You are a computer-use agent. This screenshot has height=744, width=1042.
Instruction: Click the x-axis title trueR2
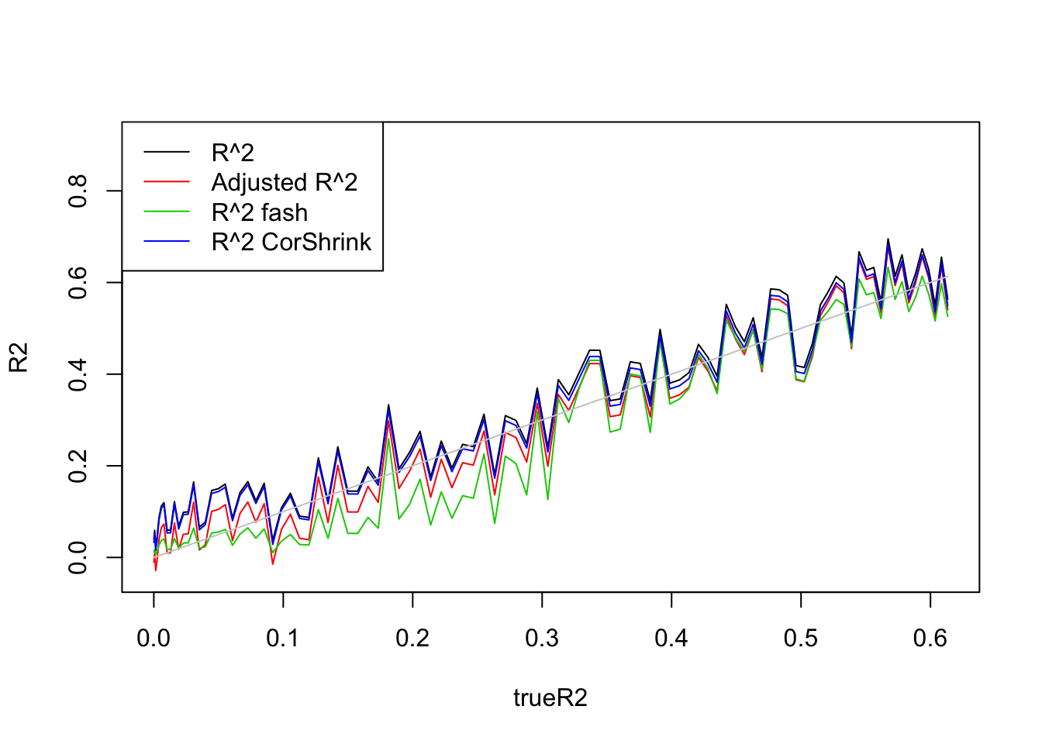point(550,698)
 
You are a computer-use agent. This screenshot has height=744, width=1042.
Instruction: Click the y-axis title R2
point(19,357)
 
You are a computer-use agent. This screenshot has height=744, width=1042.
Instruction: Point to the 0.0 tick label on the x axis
point(154,638)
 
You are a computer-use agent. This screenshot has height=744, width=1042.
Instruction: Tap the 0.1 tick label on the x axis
point(283,638)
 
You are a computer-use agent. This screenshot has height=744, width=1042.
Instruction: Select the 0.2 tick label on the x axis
point(412,638)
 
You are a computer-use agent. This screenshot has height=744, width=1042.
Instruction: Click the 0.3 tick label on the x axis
point(542,638)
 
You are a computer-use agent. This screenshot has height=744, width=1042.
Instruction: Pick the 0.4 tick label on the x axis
point(671,638)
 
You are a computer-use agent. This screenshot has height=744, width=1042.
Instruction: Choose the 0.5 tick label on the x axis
point(801,638)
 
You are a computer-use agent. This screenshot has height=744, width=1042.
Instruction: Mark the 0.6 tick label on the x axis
point(930,638)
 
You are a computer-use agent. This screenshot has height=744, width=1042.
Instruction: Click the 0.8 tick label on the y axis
point(78,191)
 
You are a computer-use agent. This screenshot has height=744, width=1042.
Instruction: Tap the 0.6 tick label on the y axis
point(78,282)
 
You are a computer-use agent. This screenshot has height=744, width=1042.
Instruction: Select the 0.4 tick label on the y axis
point(78,374)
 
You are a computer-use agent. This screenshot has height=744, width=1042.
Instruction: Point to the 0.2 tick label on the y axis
point(78,466)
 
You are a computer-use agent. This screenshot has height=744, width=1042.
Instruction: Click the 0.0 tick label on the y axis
point(78,557)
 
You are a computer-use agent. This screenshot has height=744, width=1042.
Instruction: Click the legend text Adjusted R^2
point(285,182)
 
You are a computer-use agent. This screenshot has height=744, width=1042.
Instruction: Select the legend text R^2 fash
point(260,212)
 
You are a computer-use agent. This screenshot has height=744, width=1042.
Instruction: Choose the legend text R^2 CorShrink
point(292,242)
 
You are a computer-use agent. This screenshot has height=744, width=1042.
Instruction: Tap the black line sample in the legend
point(167,153)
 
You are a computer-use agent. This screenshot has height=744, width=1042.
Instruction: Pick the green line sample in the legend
point(167,212)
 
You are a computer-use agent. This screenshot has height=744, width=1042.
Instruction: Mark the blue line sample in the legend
point(167,242)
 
